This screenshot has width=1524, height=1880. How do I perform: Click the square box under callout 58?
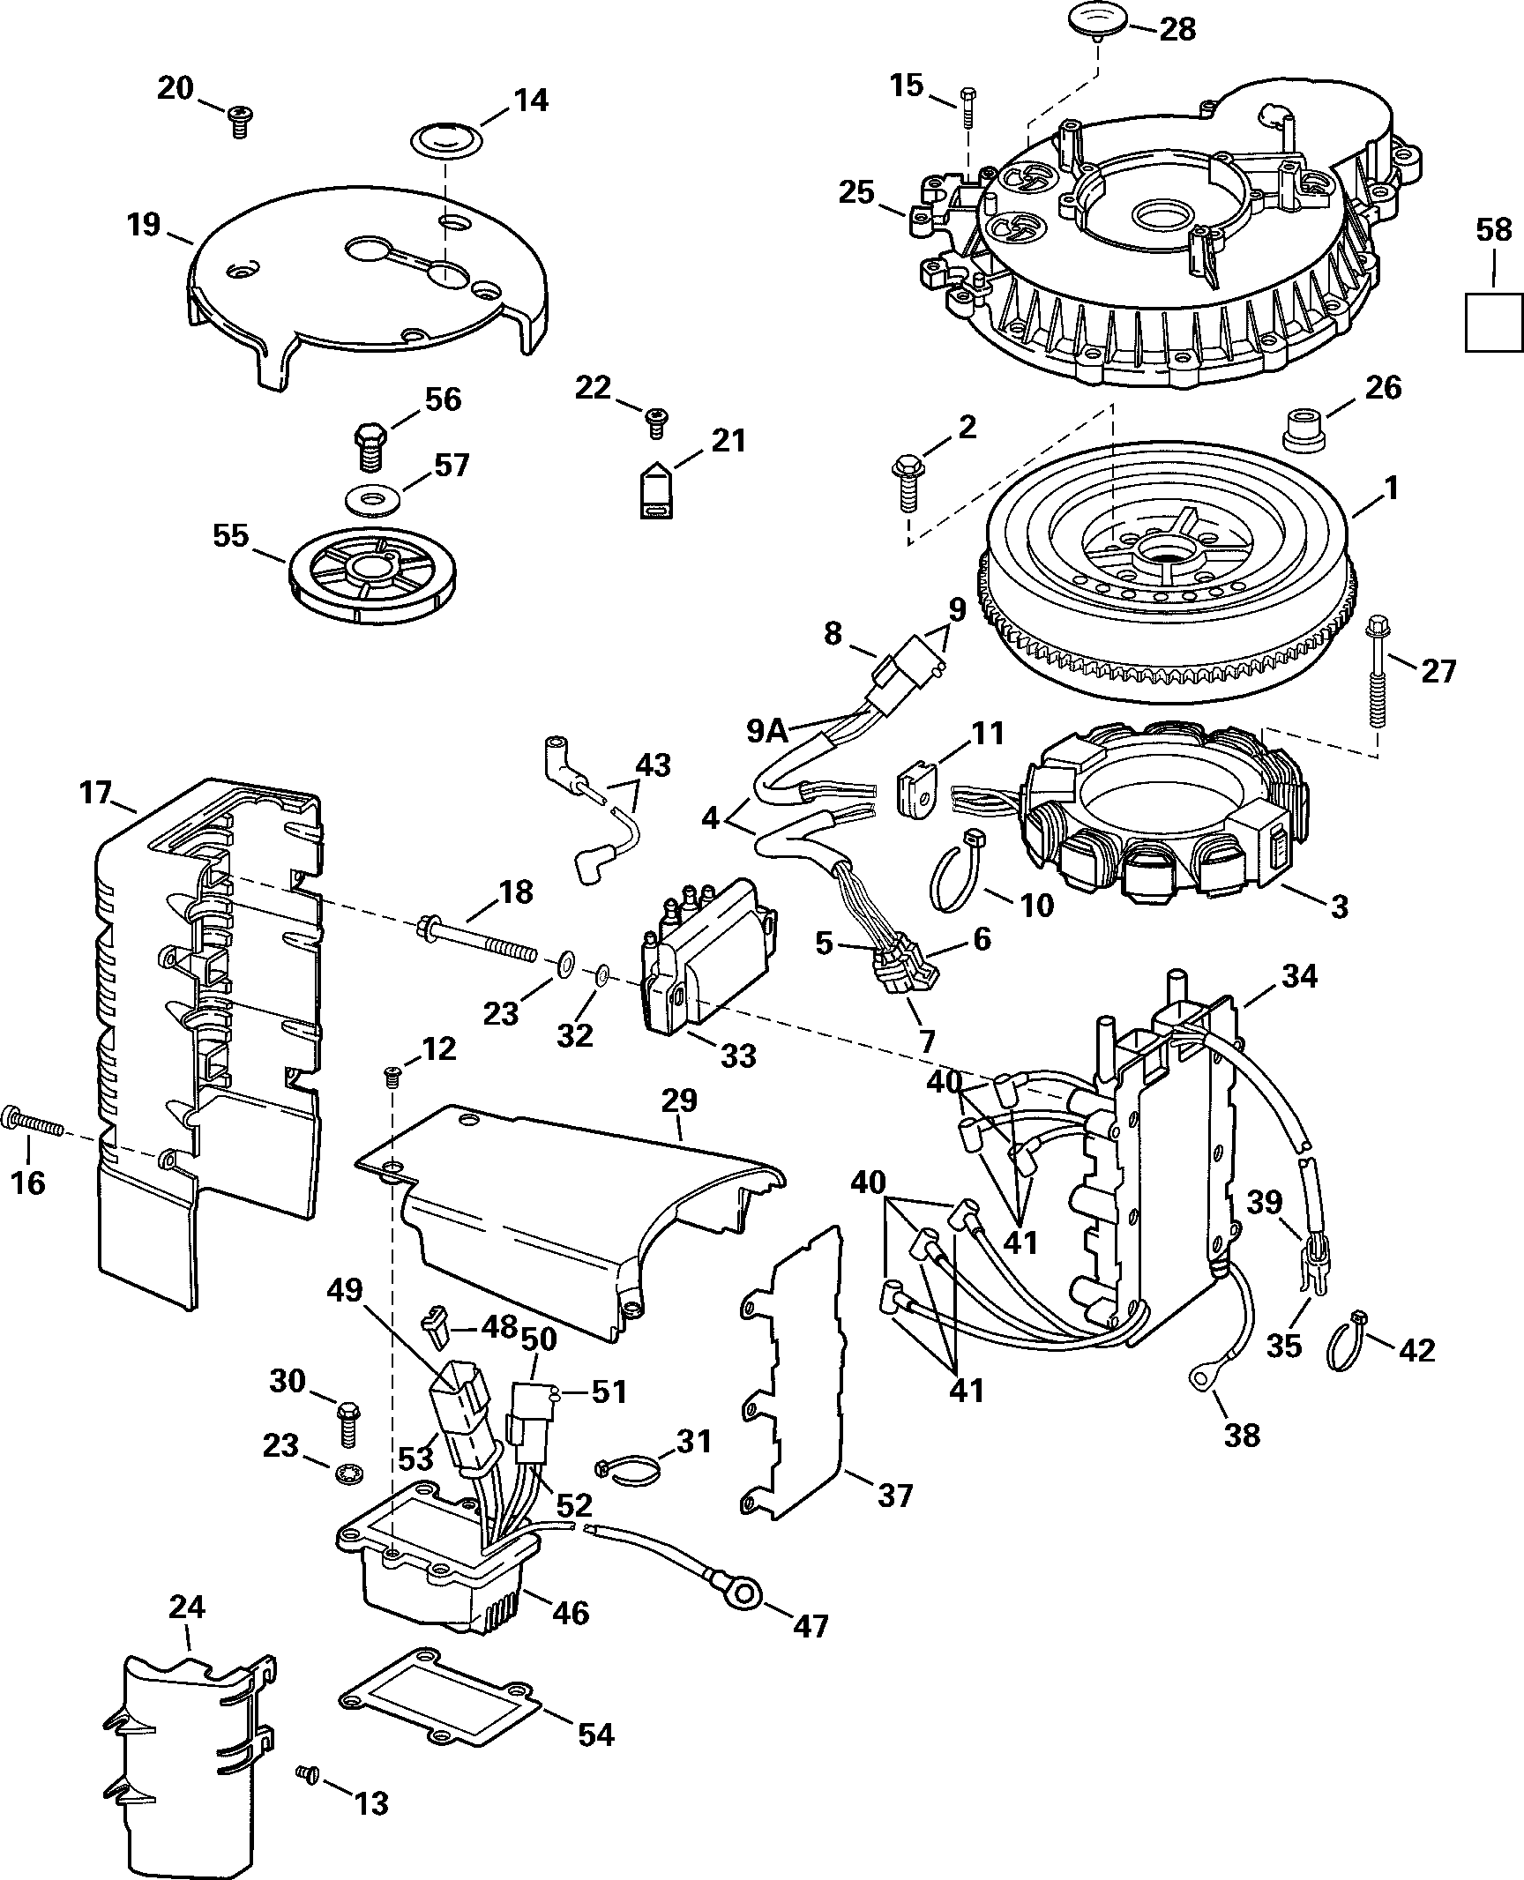pos(1494,323)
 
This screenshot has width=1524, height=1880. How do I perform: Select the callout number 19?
pos(144,225)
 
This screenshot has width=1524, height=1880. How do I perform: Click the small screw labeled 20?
pos(237,121)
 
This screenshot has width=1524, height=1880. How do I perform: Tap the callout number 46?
pos(570,1613)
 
